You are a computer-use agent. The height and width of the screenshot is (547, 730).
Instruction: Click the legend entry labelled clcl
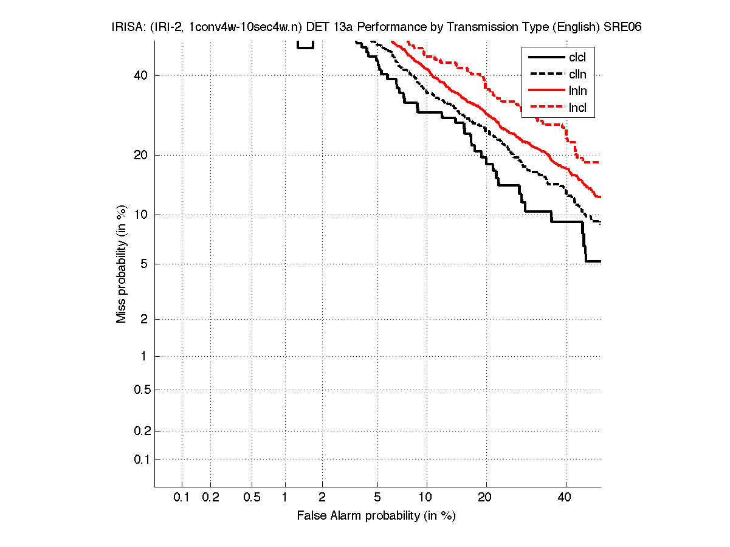click(x=577, y=58)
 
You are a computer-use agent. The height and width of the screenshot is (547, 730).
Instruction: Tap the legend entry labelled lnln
click(x=577, y=91)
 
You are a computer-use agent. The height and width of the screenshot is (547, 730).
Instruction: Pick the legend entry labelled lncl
click(x=577, y=108)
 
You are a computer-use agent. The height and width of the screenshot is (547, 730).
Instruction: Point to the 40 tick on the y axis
click(x=142, y=75)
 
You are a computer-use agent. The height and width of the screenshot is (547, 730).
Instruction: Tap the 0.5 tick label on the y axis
click(x=142, y=390)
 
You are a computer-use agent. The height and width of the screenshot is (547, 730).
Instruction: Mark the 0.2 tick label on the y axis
click(x=142, y=431)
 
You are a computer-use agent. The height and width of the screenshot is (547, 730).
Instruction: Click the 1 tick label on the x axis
click(x=284, y=498)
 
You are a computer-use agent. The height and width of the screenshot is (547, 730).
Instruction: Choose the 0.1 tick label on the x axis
click(x=182, y=498)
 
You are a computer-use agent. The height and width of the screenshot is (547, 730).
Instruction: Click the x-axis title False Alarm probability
click(x=376, y=516)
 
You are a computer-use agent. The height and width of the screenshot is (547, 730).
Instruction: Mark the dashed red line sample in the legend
click(x=545, y=108)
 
